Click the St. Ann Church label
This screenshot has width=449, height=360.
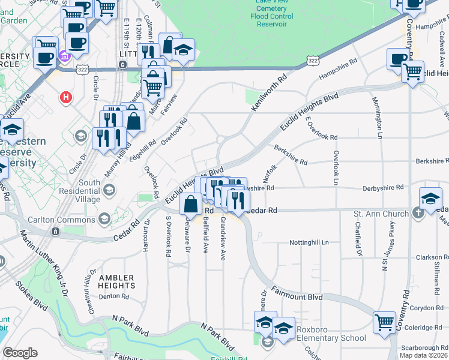click(381, 214)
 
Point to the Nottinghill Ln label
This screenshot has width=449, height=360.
click(310, 242)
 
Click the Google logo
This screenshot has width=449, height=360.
click(20, 352)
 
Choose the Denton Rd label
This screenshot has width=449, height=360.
click(114, 296)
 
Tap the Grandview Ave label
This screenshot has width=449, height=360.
click(222, 239)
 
